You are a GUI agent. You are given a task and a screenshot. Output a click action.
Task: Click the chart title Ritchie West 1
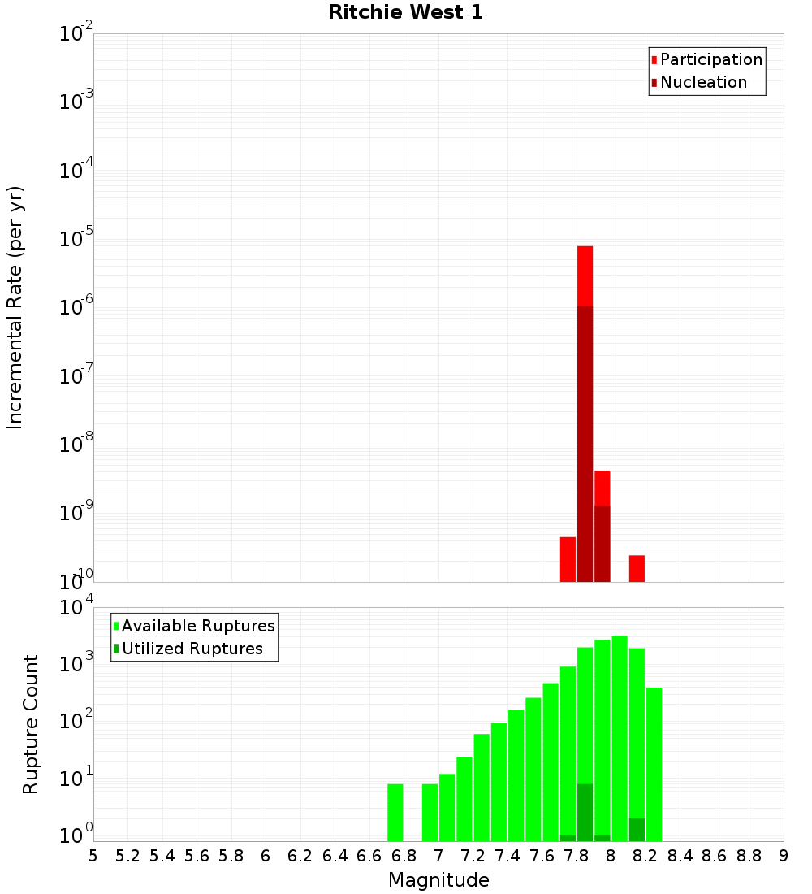click(x=405, y=13)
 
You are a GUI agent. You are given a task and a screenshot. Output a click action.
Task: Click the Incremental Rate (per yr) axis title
click(x=15, y=308)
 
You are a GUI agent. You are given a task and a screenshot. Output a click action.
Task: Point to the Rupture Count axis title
click(x=31, y=723)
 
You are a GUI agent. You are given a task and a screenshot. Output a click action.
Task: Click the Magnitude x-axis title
click(x=438, y=880)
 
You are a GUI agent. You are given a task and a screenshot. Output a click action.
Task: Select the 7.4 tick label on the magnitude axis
click(x=508, y=856)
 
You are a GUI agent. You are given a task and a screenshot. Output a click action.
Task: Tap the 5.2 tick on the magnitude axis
click(x=127, y=856)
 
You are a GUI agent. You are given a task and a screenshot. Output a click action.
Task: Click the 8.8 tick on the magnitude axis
click(x=749, y=856)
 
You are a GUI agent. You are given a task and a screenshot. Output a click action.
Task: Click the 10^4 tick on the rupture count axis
click(x=78, y=608)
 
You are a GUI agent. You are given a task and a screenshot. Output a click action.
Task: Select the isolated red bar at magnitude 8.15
click(x=637, y=568)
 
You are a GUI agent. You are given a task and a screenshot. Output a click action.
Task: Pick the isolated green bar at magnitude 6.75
click(x=395, y=812)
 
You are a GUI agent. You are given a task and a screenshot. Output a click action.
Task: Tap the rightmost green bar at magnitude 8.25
click(x=654, y=764)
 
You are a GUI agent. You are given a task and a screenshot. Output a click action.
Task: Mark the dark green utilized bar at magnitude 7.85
click(x=585, y=812)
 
